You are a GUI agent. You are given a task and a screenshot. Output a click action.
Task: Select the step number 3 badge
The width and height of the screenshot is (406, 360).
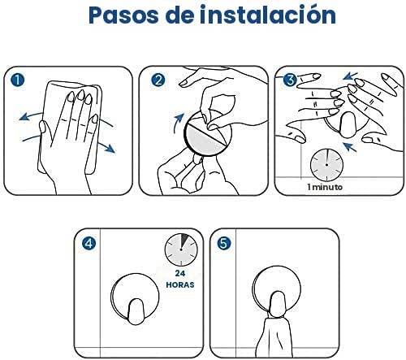pos(289,80)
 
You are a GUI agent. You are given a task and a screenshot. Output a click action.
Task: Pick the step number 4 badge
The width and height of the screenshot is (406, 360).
pos(88,242)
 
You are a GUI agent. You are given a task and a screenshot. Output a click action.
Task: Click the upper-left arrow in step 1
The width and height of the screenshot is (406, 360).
pos(32,114)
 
